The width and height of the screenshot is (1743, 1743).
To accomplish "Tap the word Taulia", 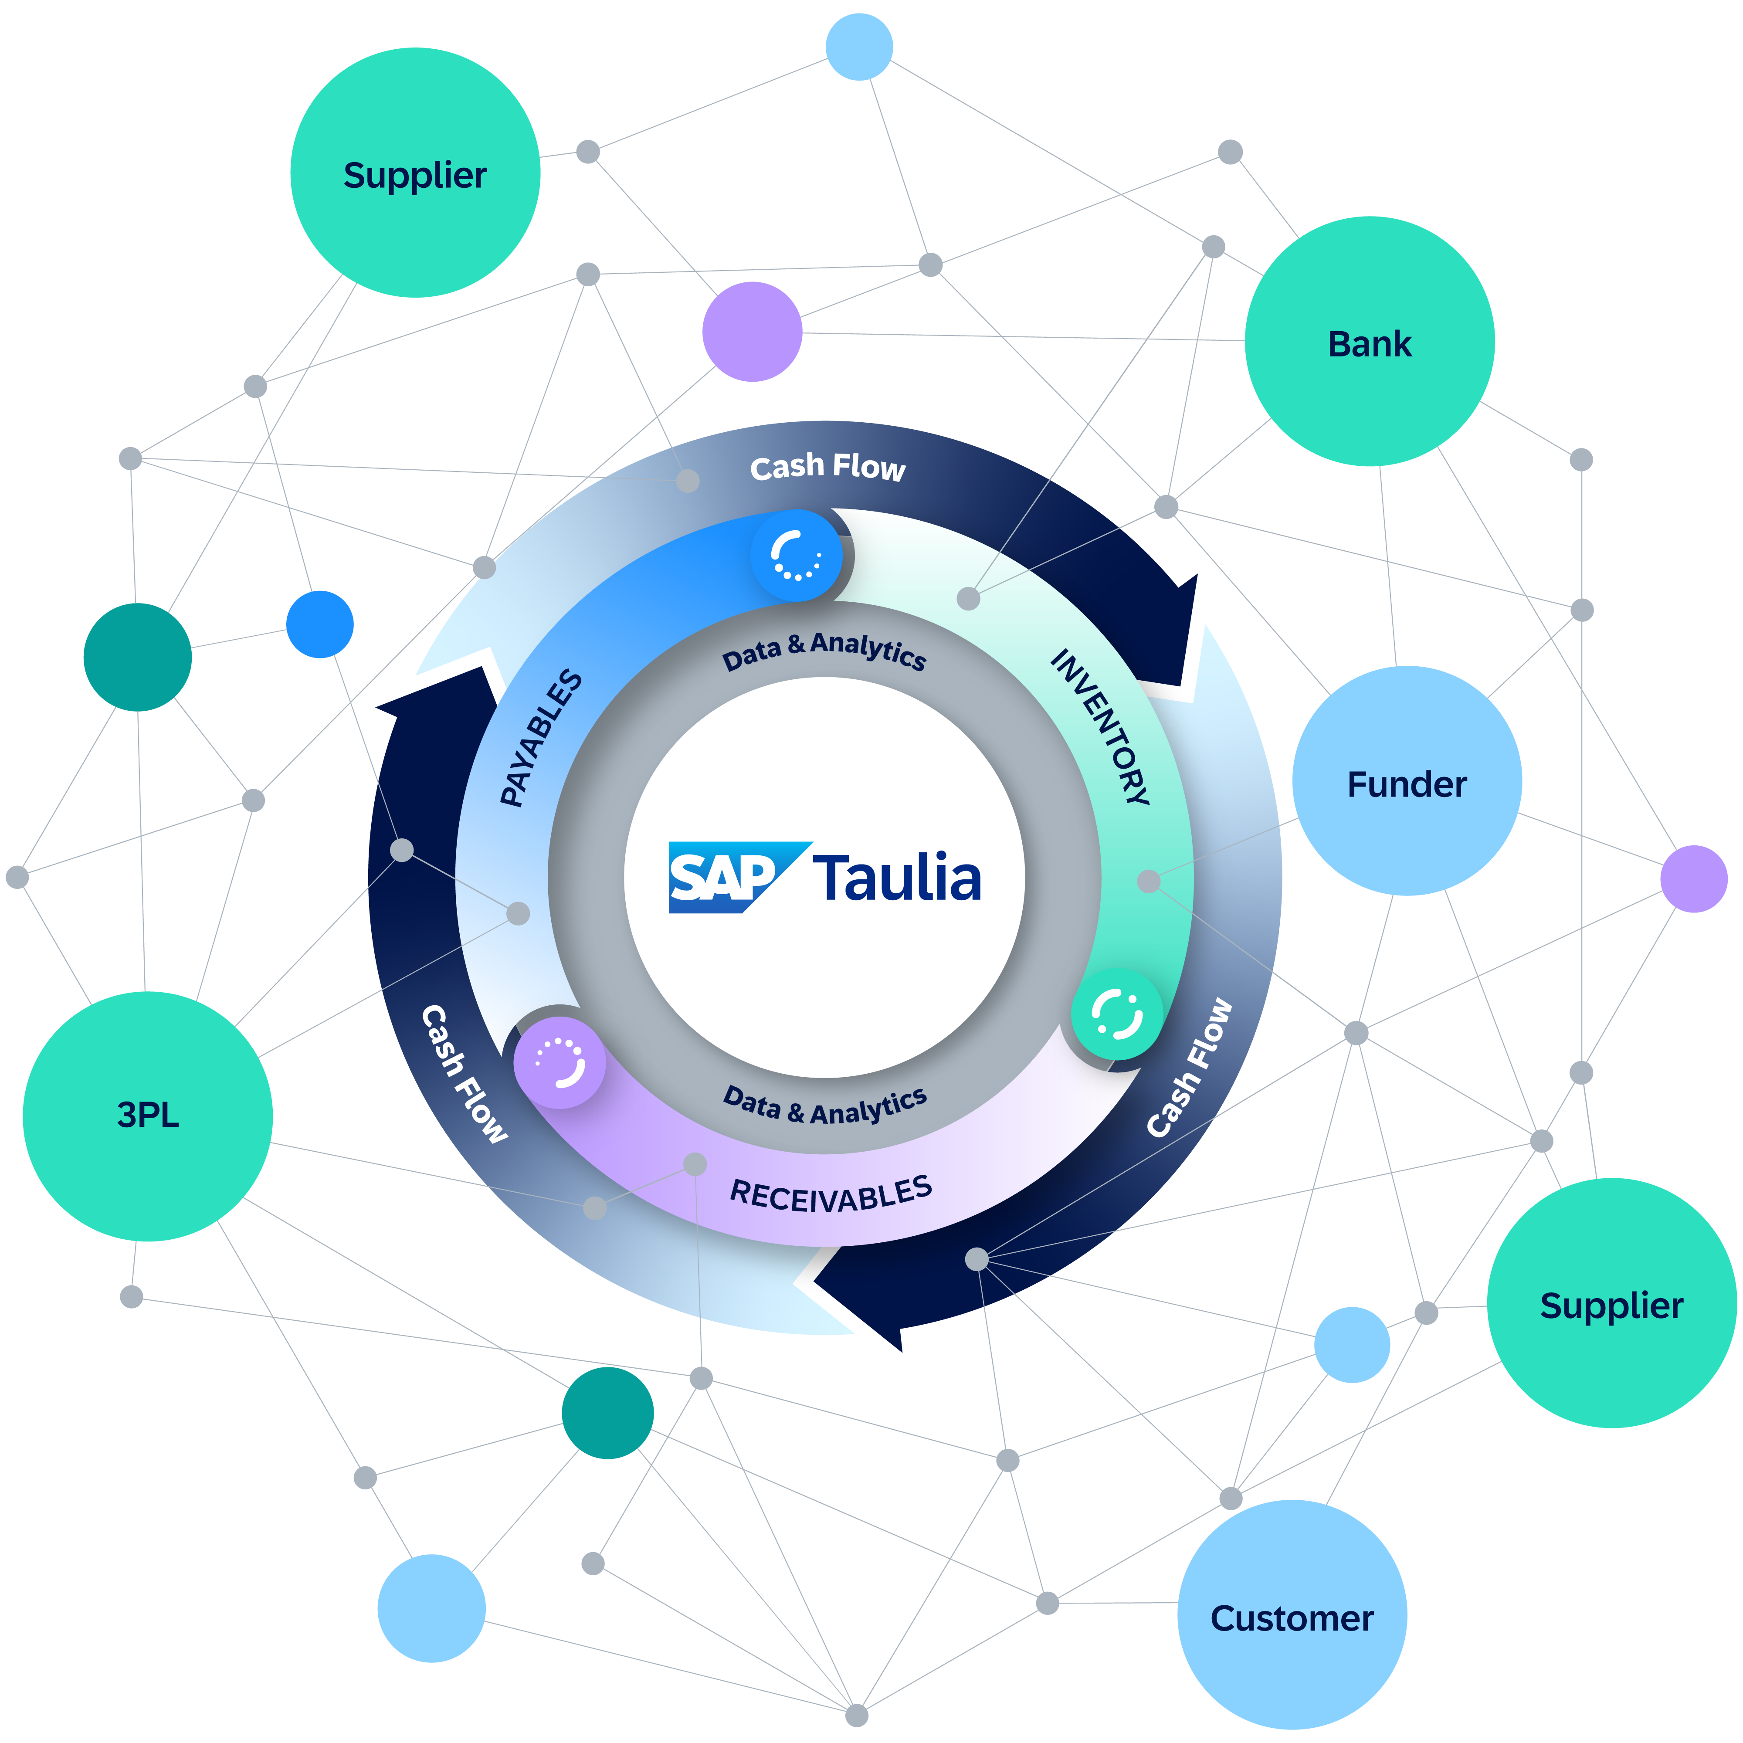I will tap(898, 878).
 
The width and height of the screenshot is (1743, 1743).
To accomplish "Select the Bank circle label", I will tap(1370, 345).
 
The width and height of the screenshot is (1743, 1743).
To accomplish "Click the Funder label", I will tap(1407, 785).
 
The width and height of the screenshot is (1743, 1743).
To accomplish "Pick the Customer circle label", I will tap(1292, 1618).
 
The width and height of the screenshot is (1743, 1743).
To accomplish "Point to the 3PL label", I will tap(148, 1115).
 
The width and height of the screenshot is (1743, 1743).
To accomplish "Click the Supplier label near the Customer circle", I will tap(1611, 1306).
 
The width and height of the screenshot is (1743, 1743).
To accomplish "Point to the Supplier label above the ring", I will tap(415, 175).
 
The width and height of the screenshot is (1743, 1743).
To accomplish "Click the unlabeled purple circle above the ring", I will tap(752, 331).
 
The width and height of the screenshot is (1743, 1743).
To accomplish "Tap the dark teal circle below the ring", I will tap(607, 1413).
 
